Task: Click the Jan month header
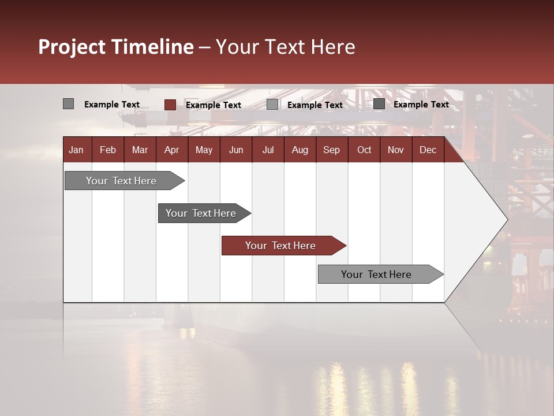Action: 76,150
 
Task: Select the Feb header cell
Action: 108,150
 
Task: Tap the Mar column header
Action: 140,150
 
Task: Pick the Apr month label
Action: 171,150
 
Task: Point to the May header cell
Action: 204,150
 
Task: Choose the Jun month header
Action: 236,150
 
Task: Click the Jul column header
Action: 268,150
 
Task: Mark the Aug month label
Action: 300,150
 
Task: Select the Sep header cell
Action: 331,150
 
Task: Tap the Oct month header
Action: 364,150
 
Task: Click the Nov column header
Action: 396,150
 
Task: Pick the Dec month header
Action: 428,150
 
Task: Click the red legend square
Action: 170,105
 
